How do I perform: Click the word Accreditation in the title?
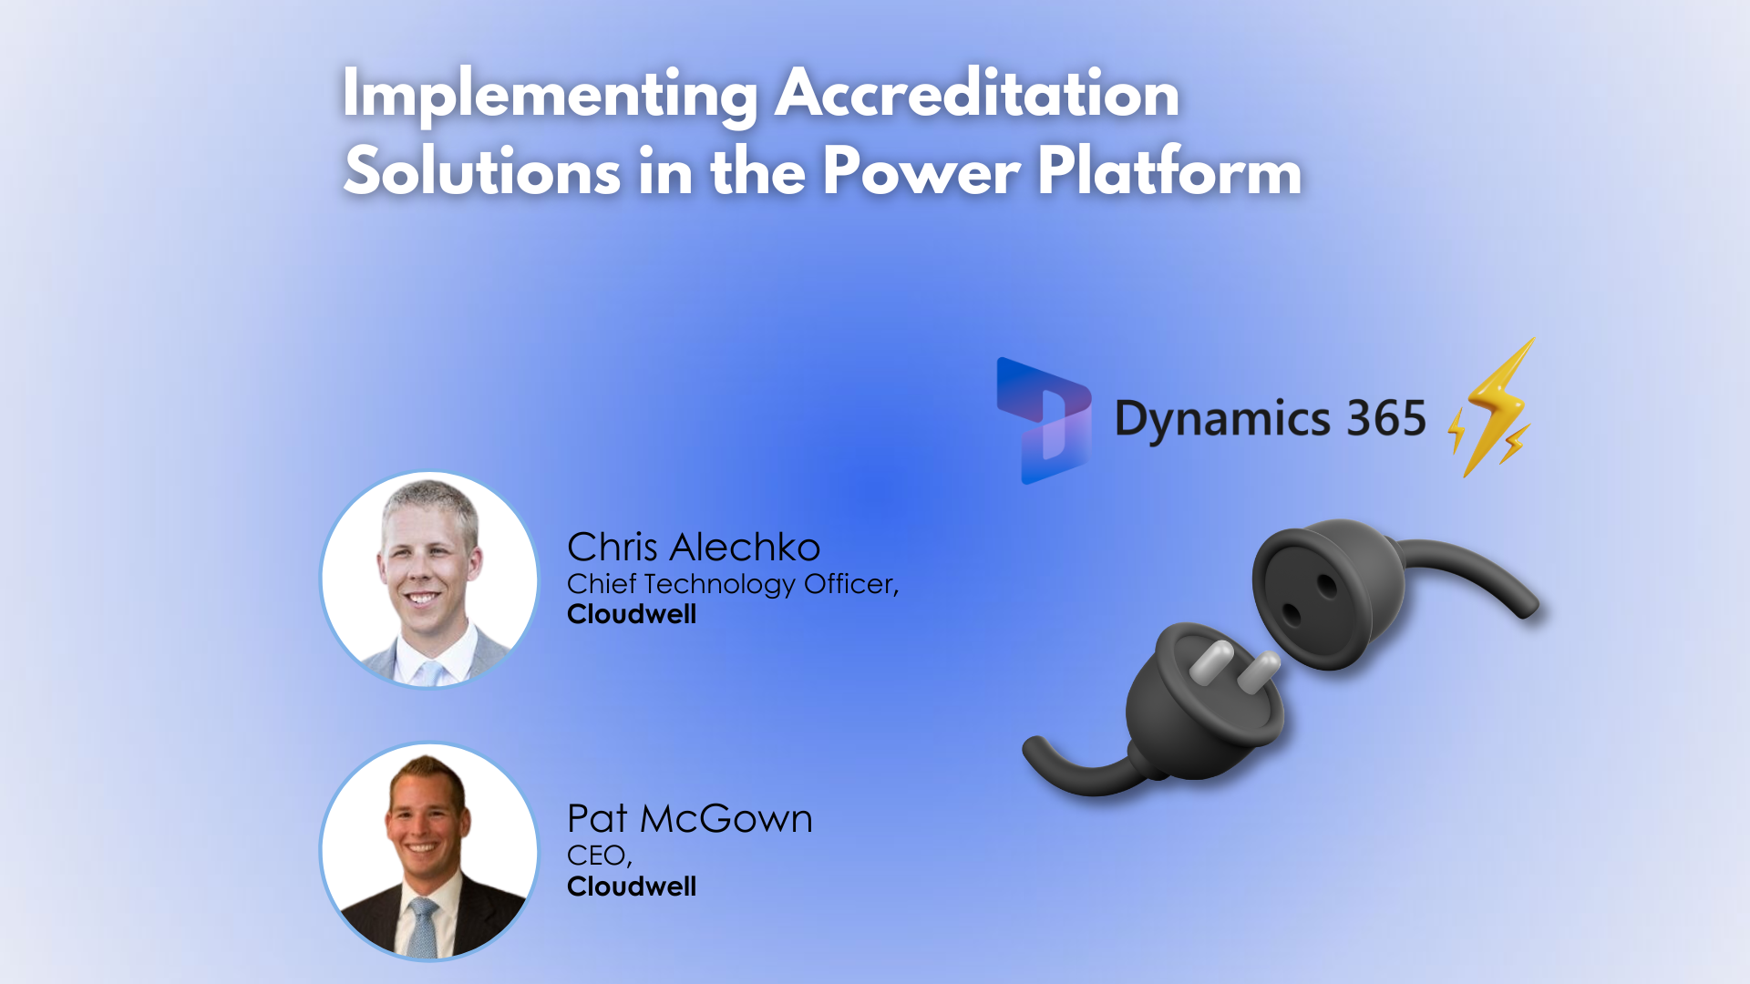coord(976,93)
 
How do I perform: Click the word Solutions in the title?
coord(482,171)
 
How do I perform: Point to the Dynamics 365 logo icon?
coord(1045,420)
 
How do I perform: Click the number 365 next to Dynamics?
coord(1386,418)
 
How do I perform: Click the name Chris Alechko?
coord(693,548)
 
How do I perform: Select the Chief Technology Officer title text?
coord(732,584)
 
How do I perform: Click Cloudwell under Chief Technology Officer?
coord(632,614)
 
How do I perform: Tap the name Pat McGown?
coord(689,819)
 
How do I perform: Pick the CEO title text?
coord(598,856)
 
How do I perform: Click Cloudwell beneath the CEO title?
coord(632,887)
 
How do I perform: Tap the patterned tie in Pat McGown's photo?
coord(422,925)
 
